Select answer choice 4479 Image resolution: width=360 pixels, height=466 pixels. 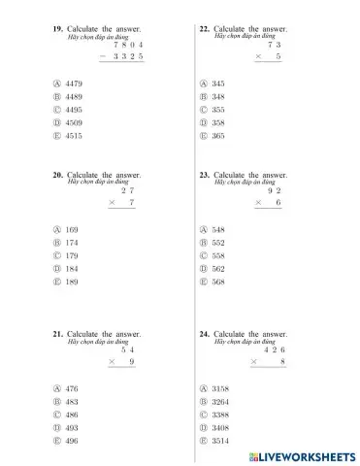pyautogui.click(x=76, y=84)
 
